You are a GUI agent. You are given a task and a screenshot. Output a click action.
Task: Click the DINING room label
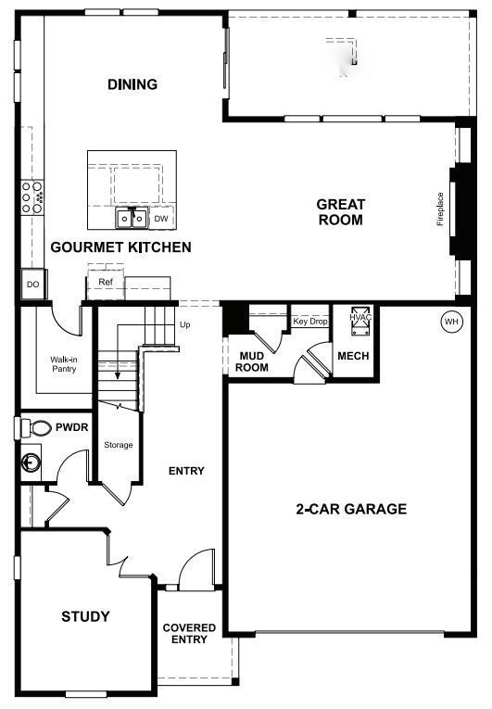point(132,84)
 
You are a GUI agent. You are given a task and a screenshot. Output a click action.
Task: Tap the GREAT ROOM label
point(340,211)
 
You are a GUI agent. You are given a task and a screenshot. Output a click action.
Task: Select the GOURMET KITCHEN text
point(120,247)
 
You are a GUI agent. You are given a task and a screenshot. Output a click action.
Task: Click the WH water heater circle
point(451,322)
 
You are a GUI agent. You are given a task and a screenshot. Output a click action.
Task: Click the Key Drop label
point(310,322)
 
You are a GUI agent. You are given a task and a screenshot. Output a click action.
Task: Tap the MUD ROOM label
point(253,361)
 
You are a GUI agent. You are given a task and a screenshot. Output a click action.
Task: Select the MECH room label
point(353,356)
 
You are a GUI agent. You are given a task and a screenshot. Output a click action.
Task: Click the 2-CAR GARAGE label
point(351,508)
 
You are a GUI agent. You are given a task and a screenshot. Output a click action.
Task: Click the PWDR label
point(70,428)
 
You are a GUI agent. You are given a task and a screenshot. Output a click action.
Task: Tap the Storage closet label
point(118,445)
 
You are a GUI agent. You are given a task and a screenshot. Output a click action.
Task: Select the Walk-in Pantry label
point(63,363)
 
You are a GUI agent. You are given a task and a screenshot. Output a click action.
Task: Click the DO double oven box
point(32,285)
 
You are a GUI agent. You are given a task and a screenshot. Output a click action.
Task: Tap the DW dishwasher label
point(160,219)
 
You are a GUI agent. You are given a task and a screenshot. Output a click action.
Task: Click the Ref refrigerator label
point(106,282)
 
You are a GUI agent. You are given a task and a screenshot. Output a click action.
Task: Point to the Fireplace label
point(441,209)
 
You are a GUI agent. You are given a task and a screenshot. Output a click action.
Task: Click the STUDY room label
point(85,616)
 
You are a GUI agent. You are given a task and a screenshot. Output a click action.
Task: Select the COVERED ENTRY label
point(189,633)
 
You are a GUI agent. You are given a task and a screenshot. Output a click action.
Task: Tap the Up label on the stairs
point(184,325)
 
